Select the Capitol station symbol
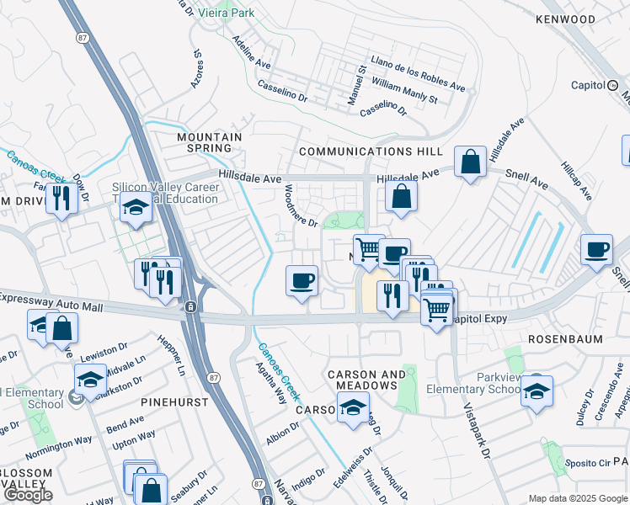coord(613,85)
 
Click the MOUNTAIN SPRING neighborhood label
coord(209,142)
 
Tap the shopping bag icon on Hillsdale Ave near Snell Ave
coord(470,162)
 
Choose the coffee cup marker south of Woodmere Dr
coord(302,281)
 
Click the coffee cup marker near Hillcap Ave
coord(596,249)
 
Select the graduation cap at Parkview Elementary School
coord(537,391)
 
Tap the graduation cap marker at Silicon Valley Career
coord(136,207)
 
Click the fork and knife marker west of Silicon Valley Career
coord(61,198)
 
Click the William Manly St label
coord(404,93)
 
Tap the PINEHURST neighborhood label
coord(175,402)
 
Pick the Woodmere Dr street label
coord(301,206)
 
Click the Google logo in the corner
coord(29,495)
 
